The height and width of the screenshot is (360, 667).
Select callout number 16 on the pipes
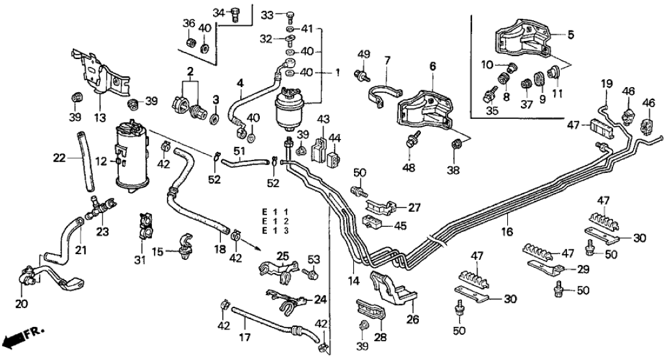[x=505, y=231]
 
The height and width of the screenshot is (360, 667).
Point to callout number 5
[x=571, y=34]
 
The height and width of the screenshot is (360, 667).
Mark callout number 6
[x=433, y=66]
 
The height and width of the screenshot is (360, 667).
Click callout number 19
[x=606, y=83]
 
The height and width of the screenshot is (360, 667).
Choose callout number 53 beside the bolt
[x=314, y=261]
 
